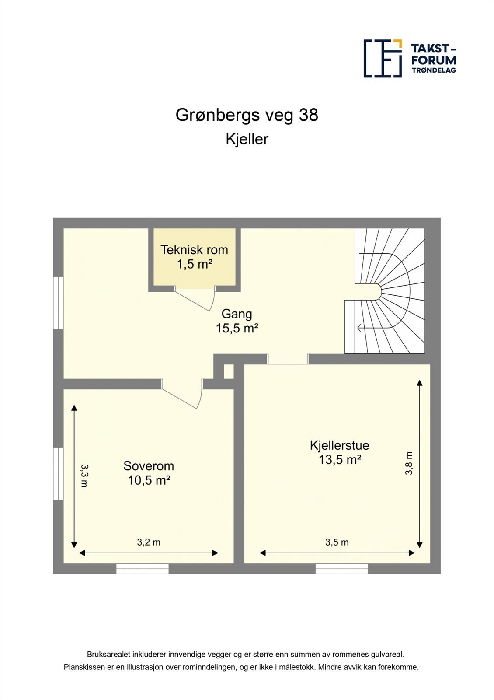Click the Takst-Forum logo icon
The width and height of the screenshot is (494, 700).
pos(383,58)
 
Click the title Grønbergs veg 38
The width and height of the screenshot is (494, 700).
pos(247,115)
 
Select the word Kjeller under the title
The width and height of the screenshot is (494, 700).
pos(247,139)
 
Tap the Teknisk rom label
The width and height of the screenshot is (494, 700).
pos(194,250)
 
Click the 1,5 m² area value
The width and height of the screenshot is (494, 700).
pos(194,264)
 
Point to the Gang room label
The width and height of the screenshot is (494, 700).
pos(237,314)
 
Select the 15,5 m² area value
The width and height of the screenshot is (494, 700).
pos(237,328)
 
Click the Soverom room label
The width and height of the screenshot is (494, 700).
pos(149,466)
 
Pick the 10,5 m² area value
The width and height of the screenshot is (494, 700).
pos(149,480)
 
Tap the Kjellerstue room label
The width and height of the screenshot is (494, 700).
pos(339,445)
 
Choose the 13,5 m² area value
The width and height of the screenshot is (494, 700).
pos(339,460)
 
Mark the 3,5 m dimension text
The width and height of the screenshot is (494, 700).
pos(337,542)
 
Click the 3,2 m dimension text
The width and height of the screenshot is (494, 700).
pos(149,542)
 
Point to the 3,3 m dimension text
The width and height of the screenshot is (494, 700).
pos(84,476)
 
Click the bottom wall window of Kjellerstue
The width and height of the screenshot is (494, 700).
pos(341,569)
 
